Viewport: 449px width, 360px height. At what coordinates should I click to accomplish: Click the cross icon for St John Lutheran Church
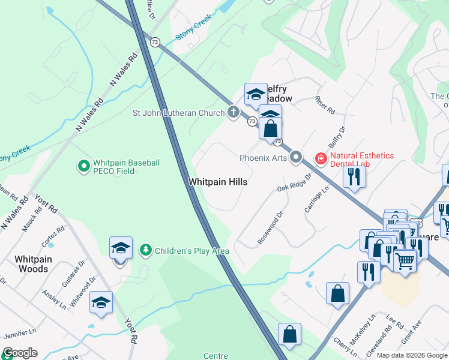tap(233, 112)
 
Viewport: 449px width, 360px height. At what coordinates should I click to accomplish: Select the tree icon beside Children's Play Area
tap(145, 250)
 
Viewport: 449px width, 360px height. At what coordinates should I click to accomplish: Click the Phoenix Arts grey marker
tap(295, 158)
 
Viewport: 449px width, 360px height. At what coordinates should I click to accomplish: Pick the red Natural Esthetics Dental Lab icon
tap(321, 158)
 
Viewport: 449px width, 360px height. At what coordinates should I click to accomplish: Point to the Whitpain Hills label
tap(218, 181)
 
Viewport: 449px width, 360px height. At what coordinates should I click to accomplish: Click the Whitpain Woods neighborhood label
tap(33, 264)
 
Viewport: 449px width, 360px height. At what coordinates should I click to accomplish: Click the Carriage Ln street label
tap(317, 199)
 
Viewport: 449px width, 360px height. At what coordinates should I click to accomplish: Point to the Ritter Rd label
tap(324, 106)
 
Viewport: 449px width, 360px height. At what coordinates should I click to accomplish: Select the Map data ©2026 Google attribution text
tap(412, 355)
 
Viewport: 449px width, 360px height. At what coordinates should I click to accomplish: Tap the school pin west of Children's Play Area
tap(121, 248)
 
